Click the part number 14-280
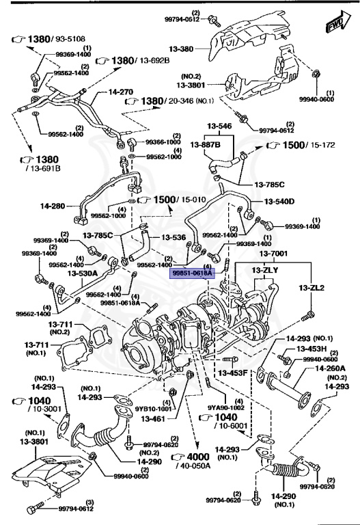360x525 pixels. (x=52, y=204)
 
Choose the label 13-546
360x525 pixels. (x=221, y=126)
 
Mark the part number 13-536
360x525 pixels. (x=174, y=237)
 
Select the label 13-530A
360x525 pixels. (x=82, y=273)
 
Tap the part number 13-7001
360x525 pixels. (x=273, y=254)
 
